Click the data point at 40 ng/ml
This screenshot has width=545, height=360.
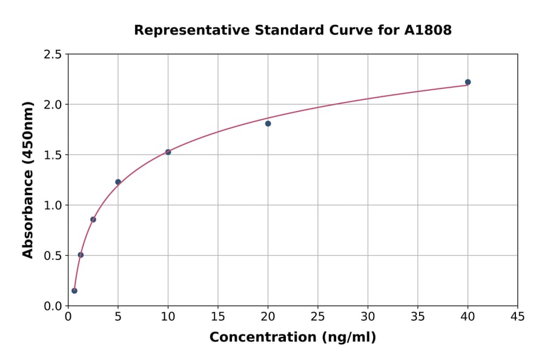467,82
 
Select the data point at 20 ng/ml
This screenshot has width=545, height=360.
268,124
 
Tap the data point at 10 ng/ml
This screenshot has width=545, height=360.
168,152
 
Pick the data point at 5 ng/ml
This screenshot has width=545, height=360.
118,182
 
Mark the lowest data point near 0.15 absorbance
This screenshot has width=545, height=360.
74,290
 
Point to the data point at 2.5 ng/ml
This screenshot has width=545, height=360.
93,219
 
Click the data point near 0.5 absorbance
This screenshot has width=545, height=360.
81,255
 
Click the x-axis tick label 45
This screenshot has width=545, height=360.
517,316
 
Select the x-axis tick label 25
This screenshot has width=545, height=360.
318,316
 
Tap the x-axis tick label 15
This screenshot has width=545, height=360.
218,316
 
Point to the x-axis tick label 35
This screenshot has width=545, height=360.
418,316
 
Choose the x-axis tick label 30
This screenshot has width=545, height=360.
368,316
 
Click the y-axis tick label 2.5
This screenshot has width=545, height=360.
53,55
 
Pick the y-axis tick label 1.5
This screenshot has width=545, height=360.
53,155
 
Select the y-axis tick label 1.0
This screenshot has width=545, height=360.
53,205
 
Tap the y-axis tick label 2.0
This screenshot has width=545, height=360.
53,105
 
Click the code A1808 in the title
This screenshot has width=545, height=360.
428,30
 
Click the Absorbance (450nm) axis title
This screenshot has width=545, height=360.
28,180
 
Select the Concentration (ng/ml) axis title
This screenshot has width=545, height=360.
292,338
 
